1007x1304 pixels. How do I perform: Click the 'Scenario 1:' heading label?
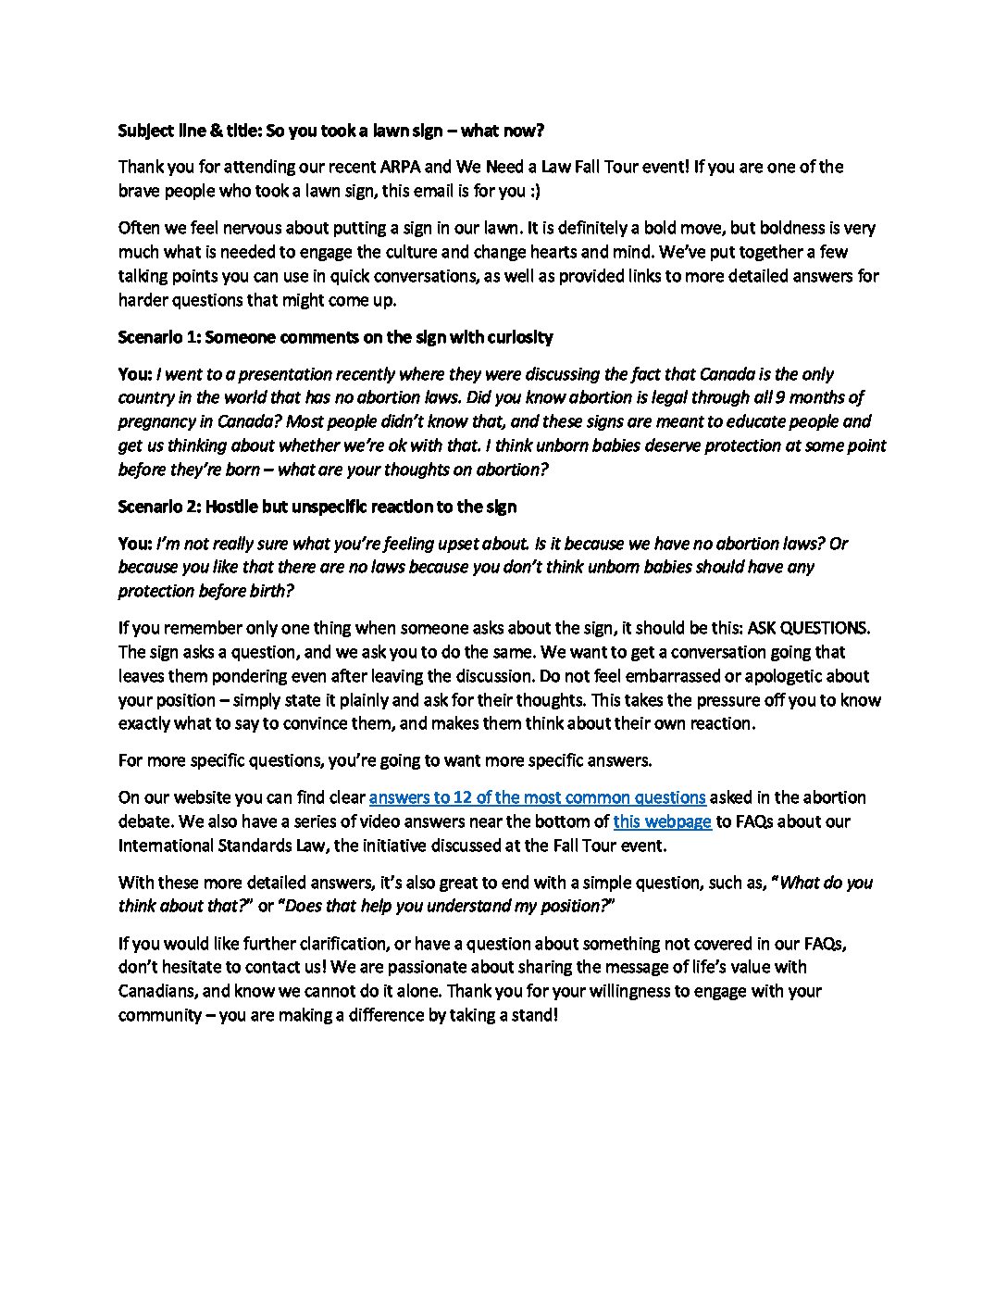click(158, 337)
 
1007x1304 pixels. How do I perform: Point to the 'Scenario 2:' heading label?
click(158, 507)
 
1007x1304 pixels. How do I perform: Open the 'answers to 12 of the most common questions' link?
click(537, 797)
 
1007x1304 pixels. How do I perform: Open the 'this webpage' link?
click(662, 821)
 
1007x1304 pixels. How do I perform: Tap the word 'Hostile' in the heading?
click(232, 507)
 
